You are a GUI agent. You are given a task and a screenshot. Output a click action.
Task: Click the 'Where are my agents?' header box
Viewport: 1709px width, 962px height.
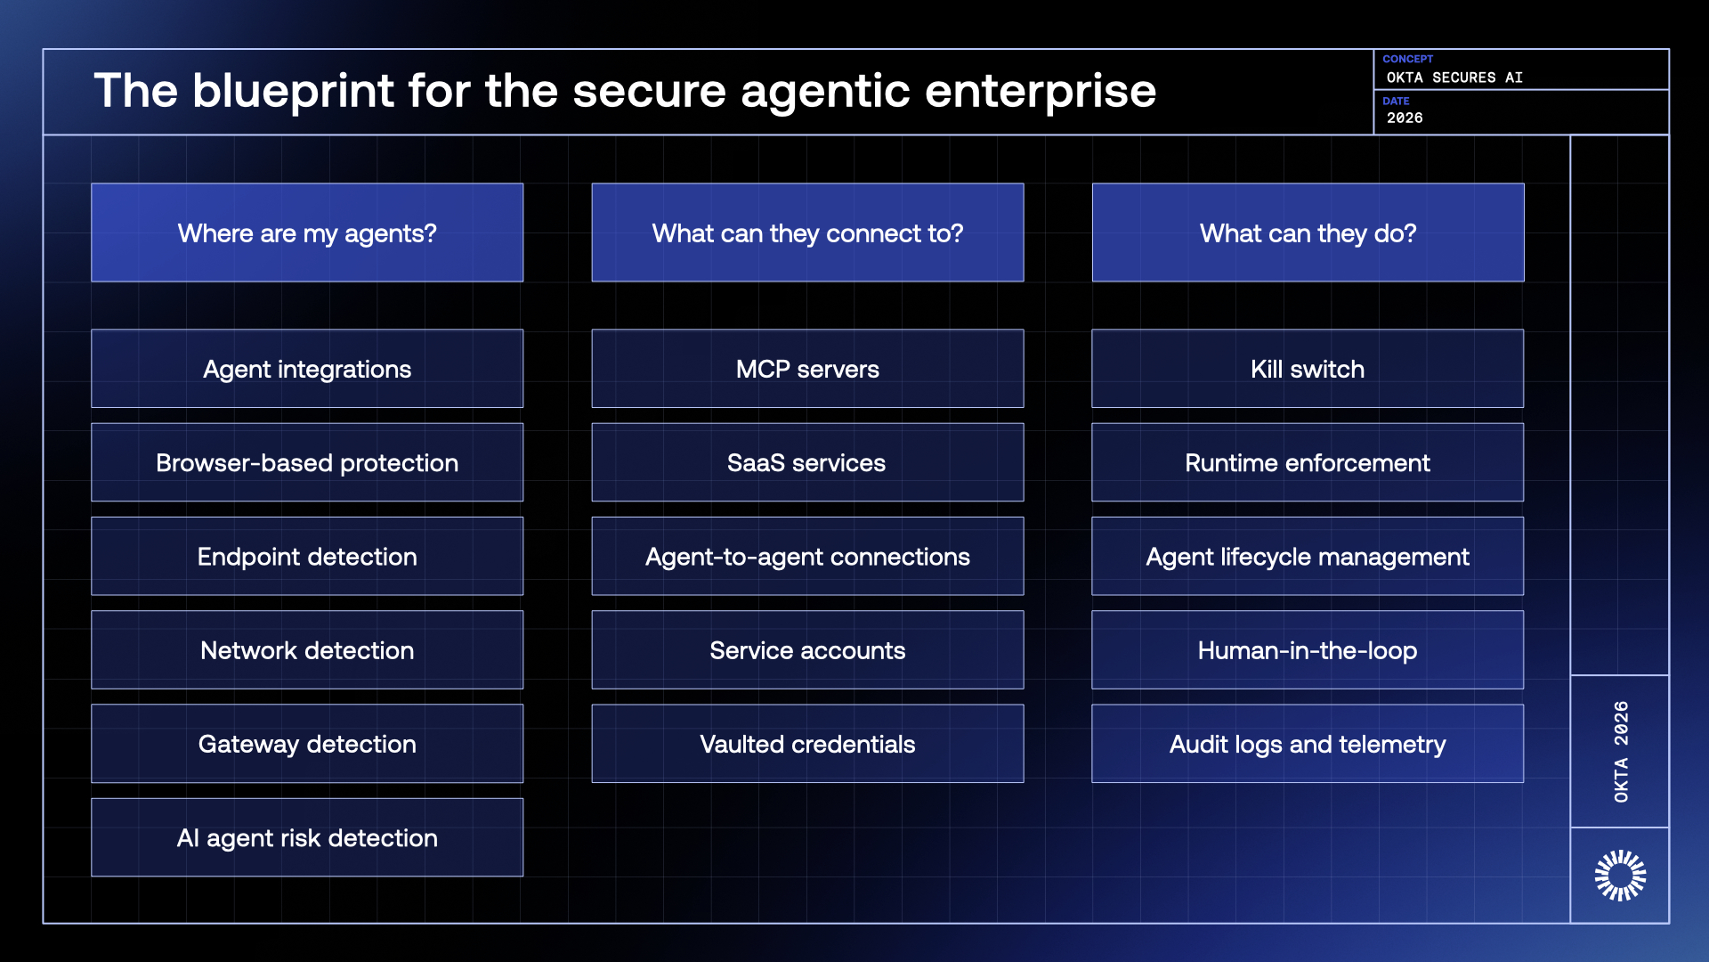(307, 232)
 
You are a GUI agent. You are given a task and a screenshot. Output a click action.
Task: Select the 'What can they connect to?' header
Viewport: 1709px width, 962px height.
(807, 232)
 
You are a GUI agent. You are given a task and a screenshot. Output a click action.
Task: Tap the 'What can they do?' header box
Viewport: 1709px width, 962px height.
(1308, 232)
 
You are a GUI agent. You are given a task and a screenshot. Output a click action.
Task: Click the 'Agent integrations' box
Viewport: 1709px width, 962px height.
(307, 369)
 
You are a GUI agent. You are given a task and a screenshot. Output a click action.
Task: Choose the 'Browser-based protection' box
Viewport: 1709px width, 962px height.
(307, 462)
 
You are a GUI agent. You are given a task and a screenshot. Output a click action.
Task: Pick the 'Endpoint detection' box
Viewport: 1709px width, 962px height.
(307, 556)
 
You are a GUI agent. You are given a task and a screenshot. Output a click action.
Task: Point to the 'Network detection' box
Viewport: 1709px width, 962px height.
(307, 649)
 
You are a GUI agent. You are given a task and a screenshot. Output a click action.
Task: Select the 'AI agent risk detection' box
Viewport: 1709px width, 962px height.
(307, 837)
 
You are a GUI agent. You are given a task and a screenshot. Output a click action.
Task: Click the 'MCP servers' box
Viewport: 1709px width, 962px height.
(807, 369)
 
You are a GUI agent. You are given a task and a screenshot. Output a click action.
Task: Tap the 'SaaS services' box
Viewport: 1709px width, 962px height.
(807, 462)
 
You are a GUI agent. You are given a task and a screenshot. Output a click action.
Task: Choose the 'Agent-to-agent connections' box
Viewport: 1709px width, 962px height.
(807, 556)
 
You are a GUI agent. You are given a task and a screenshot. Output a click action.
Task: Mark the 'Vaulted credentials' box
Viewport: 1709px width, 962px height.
(807, 744)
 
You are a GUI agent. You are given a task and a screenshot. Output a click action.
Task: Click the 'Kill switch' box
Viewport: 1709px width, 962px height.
(1308, 369)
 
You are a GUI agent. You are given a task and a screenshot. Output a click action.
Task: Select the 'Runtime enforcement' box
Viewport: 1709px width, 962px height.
(1308, 462)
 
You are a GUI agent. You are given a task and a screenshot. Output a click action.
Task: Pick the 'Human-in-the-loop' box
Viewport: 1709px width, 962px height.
(1308, 649)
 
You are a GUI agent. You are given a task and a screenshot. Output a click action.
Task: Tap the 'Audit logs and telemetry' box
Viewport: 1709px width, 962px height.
(1308, 744)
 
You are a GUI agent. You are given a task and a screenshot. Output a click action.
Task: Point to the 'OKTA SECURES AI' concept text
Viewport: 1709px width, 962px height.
(1454, 77)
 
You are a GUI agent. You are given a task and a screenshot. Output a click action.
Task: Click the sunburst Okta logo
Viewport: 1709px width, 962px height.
(1620, 876)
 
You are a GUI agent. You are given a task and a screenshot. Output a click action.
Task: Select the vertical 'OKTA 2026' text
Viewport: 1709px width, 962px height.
(1621, 751)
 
